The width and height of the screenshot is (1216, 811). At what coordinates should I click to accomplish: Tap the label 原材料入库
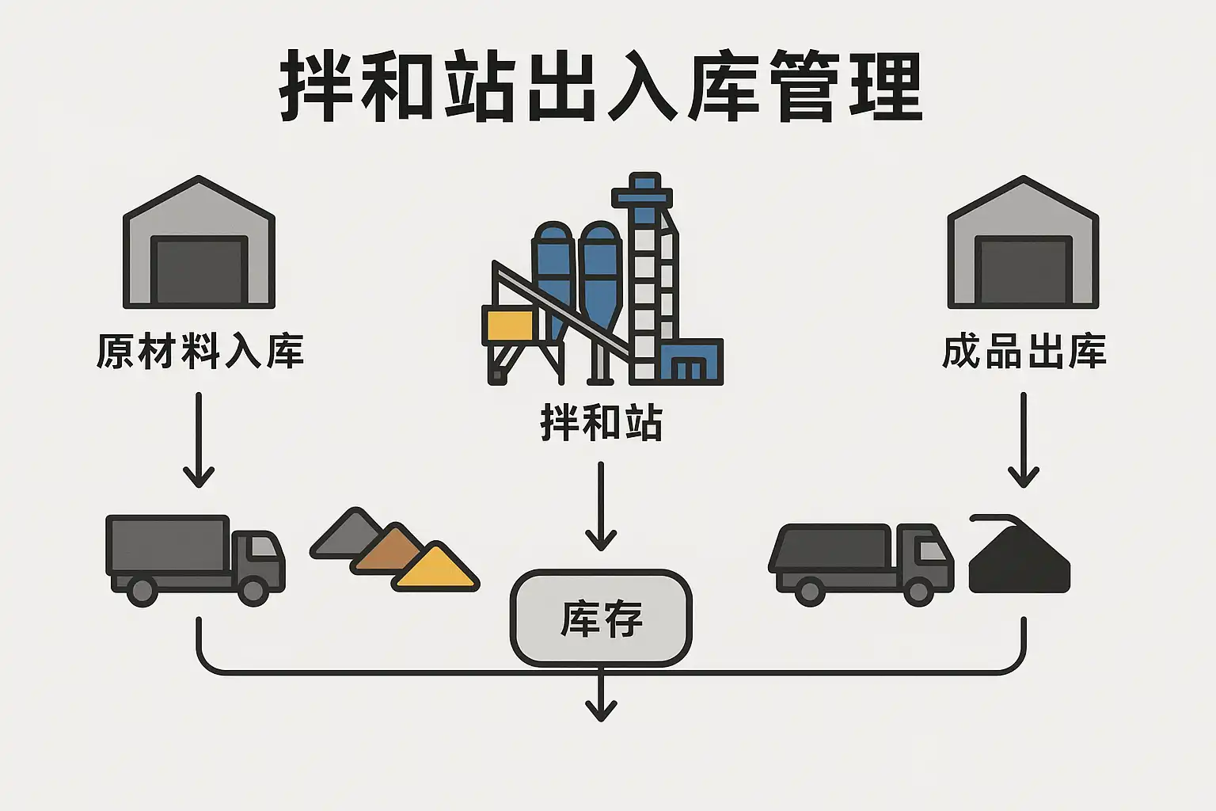pos(200,352)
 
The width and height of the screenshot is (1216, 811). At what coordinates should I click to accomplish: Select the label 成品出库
pos(1024,352)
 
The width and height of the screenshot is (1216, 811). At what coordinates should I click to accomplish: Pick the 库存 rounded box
pos(602,618)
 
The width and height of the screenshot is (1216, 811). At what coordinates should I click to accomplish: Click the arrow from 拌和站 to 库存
pos(601,507)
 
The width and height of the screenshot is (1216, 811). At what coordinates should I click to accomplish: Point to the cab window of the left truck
pos(264,547)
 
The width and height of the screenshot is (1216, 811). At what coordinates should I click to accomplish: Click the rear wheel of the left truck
pos(142,591)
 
